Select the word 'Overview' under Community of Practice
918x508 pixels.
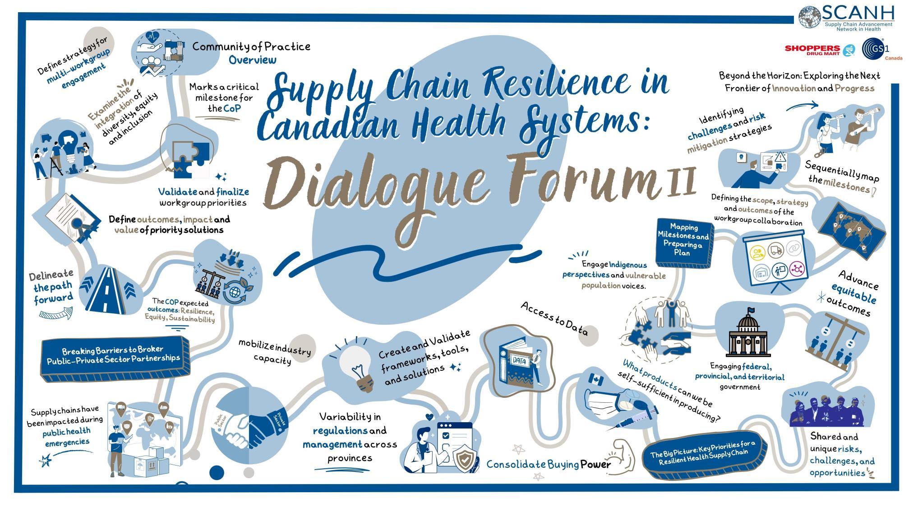(x=252, y=60)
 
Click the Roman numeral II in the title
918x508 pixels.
(x=681, y=181)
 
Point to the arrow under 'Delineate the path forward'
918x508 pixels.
(x=55, y=313)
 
